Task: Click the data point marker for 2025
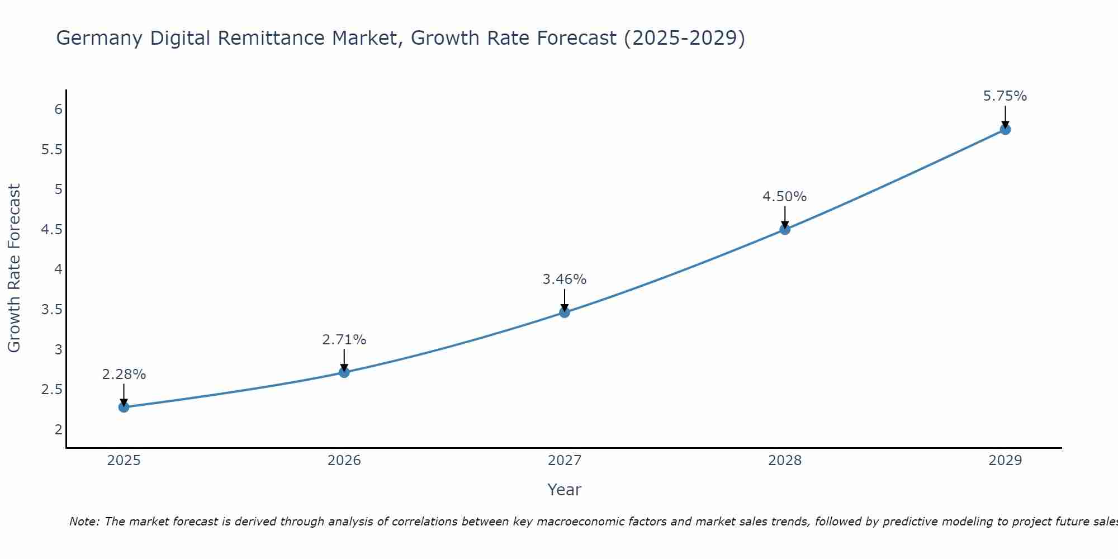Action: pyautogui.click(x=124, y=407)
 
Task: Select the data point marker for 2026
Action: pyautogui.click(x=344, y=372)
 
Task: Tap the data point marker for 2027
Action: pyautogui.click(x=565, y=312)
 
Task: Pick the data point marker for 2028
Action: pyautogui.click(x=785, y=229)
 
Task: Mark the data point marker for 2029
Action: pyautogui.click(x=1005, y=130)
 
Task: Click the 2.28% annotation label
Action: pyautogui.click(x=124, y=375)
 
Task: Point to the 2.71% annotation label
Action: pyautogui.click(x=344, y=340)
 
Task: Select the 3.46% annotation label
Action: pyautogui.click(x=565, y=279)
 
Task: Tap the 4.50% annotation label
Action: pyautogui.click(x=785, y=197)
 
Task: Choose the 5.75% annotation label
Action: pyautogui.click(x=1005, y=96)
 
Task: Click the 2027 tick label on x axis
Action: pyautogui.click(x=565, y=461)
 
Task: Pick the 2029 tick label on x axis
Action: pyautogui.click(x=1005, y=461)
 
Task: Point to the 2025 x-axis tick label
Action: pyautogui.click(x=124, y=461)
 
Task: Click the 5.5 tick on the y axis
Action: pyautogui.click(x=51, y=150)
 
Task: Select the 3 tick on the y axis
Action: pyautogui.click(x=58, y=350)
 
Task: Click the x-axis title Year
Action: pyautogui.click(x=565, y=490)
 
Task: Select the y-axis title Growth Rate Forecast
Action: pyautogui.click(x=15, y=268)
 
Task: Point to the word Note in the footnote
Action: pyautogui.click(x=84, y=522)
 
